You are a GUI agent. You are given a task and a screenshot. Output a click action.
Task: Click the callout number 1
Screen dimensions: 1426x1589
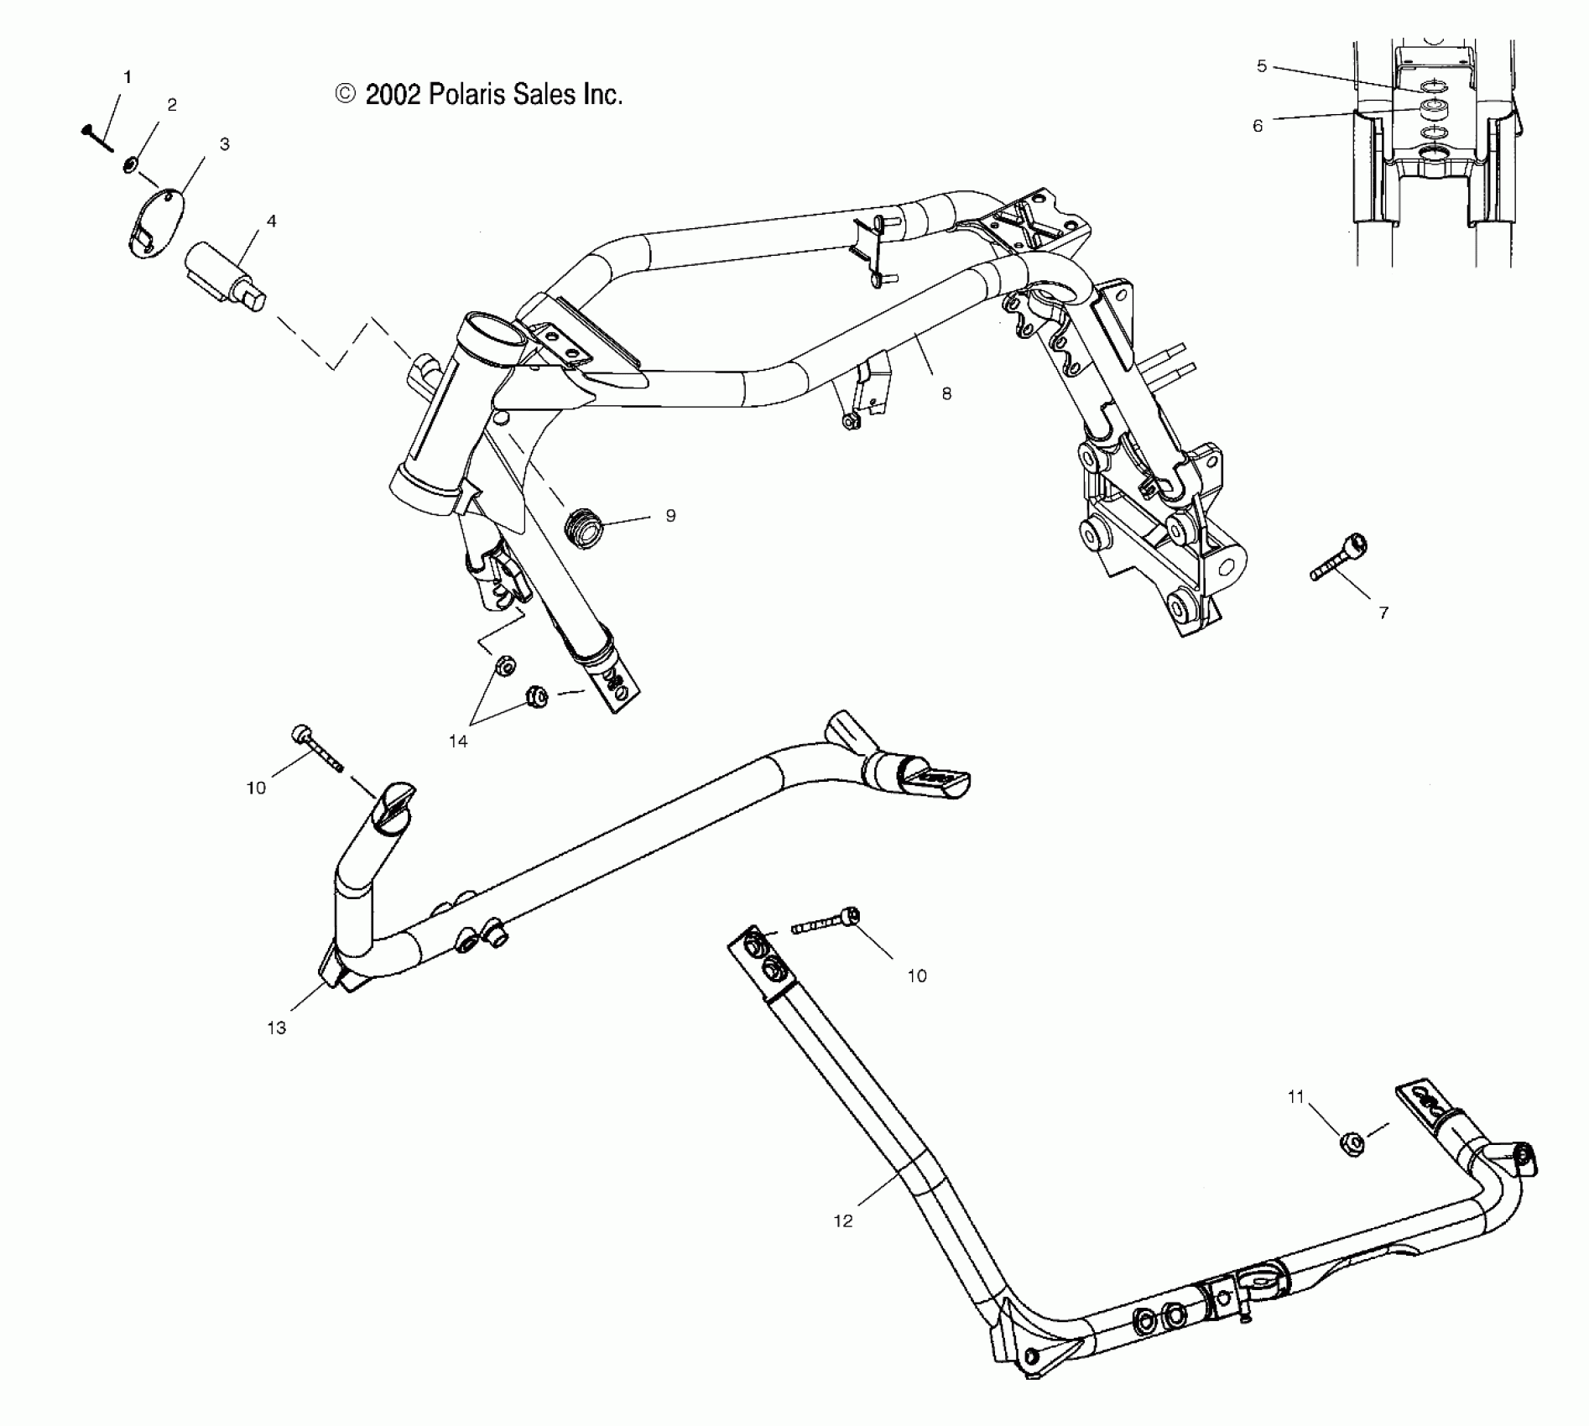tap(128, 77)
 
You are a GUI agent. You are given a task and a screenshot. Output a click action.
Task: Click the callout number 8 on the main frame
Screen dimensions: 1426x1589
tap(946, 393)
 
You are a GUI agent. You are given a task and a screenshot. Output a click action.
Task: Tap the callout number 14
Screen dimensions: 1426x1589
tap(458, 742)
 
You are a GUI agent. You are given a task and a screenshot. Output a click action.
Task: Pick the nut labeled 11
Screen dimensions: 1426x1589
tap(1352, 1142)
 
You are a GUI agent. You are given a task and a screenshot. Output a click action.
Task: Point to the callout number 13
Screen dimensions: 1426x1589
tap(277, 1028)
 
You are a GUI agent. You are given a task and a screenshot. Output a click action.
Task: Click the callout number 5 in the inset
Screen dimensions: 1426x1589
tap(1262, 66)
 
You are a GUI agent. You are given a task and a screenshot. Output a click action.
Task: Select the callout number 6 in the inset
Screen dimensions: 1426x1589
tap(1258, 126)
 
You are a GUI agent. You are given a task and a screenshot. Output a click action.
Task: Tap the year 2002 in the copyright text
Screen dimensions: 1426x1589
tap(393, 95)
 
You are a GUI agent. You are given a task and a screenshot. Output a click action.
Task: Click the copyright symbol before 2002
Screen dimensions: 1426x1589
tap(346, 94)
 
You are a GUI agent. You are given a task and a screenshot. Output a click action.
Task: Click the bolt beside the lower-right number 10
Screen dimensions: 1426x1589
tap(826, 924)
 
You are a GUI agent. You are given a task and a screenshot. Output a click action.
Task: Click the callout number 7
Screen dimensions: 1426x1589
tap(1383, 613)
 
